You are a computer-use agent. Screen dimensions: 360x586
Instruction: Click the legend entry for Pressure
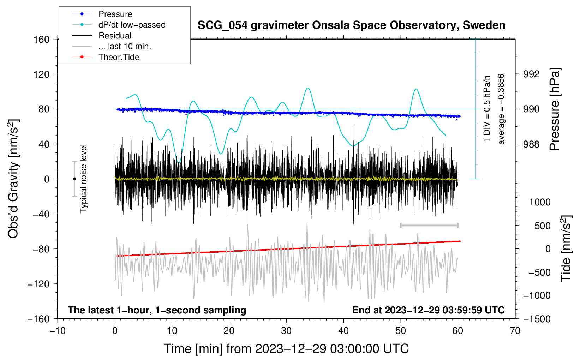pos(115,14)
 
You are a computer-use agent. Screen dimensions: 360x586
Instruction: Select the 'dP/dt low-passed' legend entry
pos(132,25)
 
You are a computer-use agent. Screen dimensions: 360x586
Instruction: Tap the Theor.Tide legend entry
pos(119,57)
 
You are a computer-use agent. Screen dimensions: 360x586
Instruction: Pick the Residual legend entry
pos(115,36)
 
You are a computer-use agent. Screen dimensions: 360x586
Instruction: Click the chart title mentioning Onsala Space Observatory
pos(351,25)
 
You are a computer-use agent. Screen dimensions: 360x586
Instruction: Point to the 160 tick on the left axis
pos(41,39)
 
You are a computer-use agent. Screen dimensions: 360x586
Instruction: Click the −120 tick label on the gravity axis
pos(38,284)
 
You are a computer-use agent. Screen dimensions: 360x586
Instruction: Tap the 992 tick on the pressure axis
pos(531,74)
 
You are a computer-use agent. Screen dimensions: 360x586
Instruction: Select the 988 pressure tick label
pos(531,144)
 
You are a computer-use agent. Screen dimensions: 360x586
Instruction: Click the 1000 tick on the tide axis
pos(539,202)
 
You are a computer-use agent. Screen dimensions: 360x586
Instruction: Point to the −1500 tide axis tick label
pos(537,319)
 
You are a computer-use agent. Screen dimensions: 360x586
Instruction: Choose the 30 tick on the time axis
pos(286,331)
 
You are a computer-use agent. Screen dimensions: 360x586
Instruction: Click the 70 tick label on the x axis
pos(515,331)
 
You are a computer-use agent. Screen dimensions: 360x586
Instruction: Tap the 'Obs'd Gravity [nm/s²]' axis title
pos(13,179)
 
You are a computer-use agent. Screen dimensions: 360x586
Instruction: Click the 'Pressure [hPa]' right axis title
pos(555,109)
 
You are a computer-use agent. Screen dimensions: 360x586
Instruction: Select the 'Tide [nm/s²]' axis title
pos(566,248)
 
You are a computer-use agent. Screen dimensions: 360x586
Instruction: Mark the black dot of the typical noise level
pos(74,179)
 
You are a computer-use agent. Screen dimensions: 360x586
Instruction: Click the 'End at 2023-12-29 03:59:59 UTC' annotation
pos(428,310)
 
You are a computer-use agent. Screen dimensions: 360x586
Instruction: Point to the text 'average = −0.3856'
pos(501,109)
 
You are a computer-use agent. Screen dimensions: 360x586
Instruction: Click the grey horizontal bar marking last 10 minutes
pos(429,225)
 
